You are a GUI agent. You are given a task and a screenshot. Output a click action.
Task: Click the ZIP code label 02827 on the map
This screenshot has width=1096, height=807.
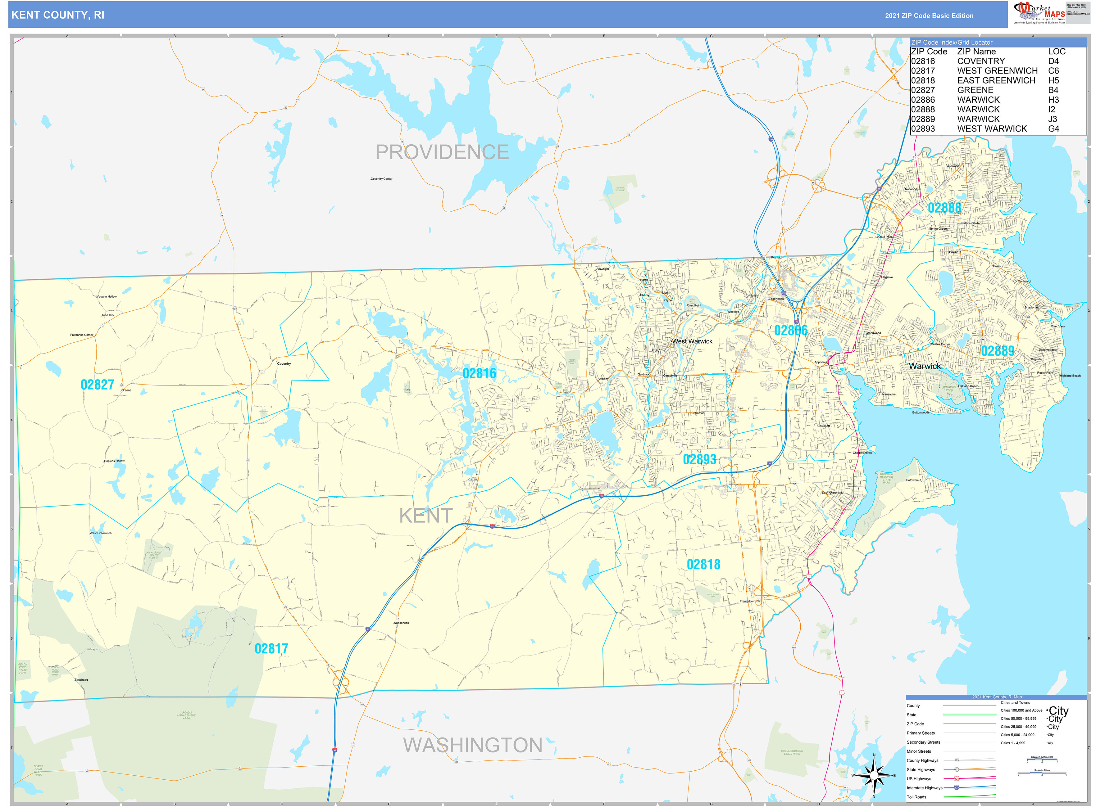97,385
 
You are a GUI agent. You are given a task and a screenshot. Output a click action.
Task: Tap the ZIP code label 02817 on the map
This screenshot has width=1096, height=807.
271,649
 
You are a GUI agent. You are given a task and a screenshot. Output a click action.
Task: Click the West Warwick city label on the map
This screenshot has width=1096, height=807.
692,341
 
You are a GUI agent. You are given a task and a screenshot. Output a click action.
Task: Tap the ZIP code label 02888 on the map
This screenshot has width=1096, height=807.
944,208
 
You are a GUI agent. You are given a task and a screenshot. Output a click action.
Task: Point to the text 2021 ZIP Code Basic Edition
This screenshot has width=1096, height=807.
929,16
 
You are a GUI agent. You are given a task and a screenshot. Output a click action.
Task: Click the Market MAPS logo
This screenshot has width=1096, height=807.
1040,13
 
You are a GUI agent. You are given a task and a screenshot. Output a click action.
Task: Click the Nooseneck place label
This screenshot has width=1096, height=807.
401,623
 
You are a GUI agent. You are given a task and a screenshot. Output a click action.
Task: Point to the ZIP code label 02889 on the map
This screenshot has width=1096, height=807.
997,351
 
